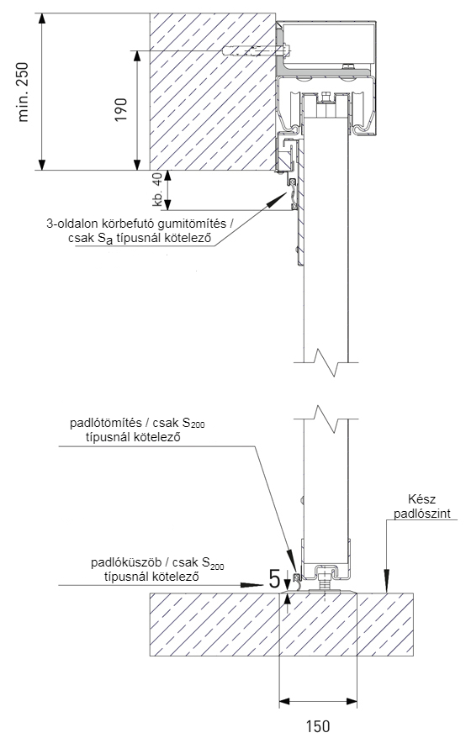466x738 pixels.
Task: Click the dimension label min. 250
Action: coord(23,92)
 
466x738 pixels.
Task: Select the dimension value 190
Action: coord(121,109)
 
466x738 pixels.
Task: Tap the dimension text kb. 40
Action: coord(157,189)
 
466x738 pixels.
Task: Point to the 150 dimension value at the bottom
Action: coord(318,725)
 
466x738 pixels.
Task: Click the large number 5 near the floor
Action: coord(274,578)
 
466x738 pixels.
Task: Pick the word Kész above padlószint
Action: coord(421,499)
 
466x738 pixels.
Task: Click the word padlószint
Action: coord(422,513)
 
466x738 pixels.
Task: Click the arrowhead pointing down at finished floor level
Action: coord(387,582)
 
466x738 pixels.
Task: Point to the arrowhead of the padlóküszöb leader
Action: coord(252,585)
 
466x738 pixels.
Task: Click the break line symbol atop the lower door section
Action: coord(326,419)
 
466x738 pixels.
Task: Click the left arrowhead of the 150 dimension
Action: coord(285,702)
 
